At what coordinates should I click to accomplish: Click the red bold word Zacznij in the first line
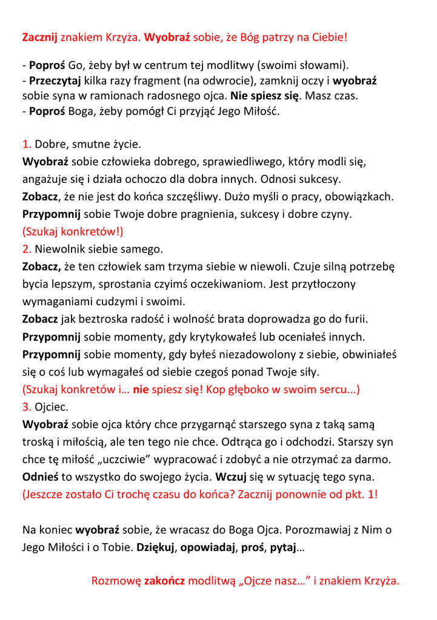(40, 38)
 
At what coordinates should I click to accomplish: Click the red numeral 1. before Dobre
(27, 144)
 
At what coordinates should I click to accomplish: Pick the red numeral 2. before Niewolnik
(27, 248)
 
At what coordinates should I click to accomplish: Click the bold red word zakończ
(164, 581)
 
